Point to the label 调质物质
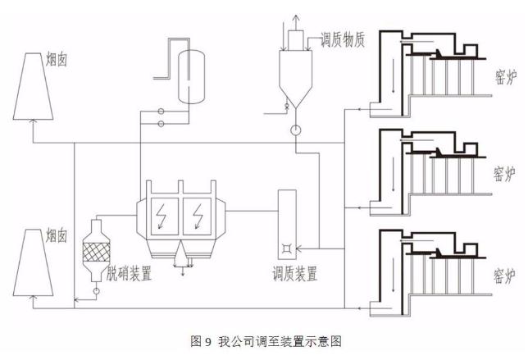click(x=336, y=39)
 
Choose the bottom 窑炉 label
click(x=504, y=273)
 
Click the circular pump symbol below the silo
click(x=294, y=130)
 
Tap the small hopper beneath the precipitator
click(x=183, y=258)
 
